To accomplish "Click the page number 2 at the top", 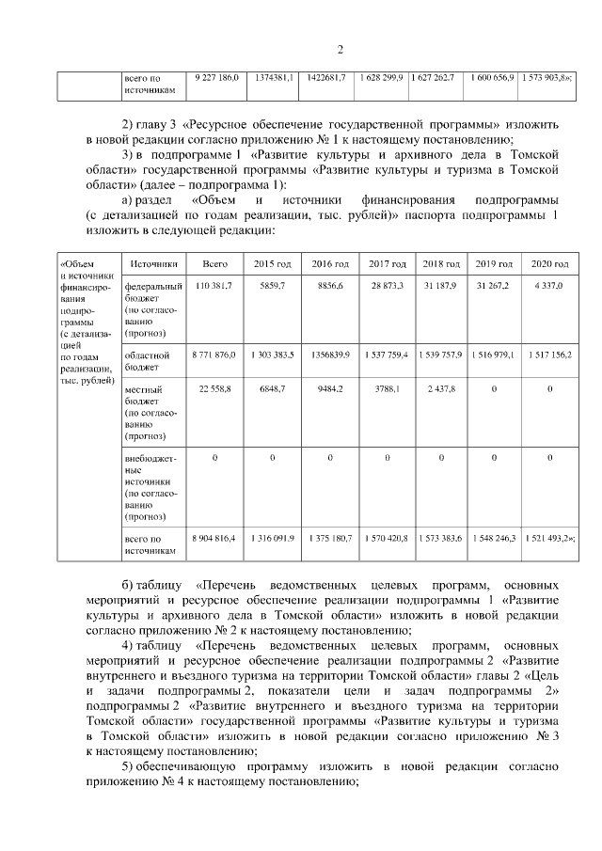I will click(x=341, y=50).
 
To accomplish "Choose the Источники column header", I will click(x=151, y=264).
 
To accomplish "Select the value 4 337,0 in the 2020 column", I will click(x=548, y=285).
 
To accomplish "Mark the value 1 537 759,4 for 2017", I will click(x=387, y=355).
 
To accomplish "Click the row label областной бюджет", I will click(x=148, y=361).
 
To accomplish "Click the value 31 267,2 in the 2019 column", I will click(x=495, y=285).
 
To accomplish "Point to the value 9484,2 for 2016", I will click(x=329, y=387).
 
